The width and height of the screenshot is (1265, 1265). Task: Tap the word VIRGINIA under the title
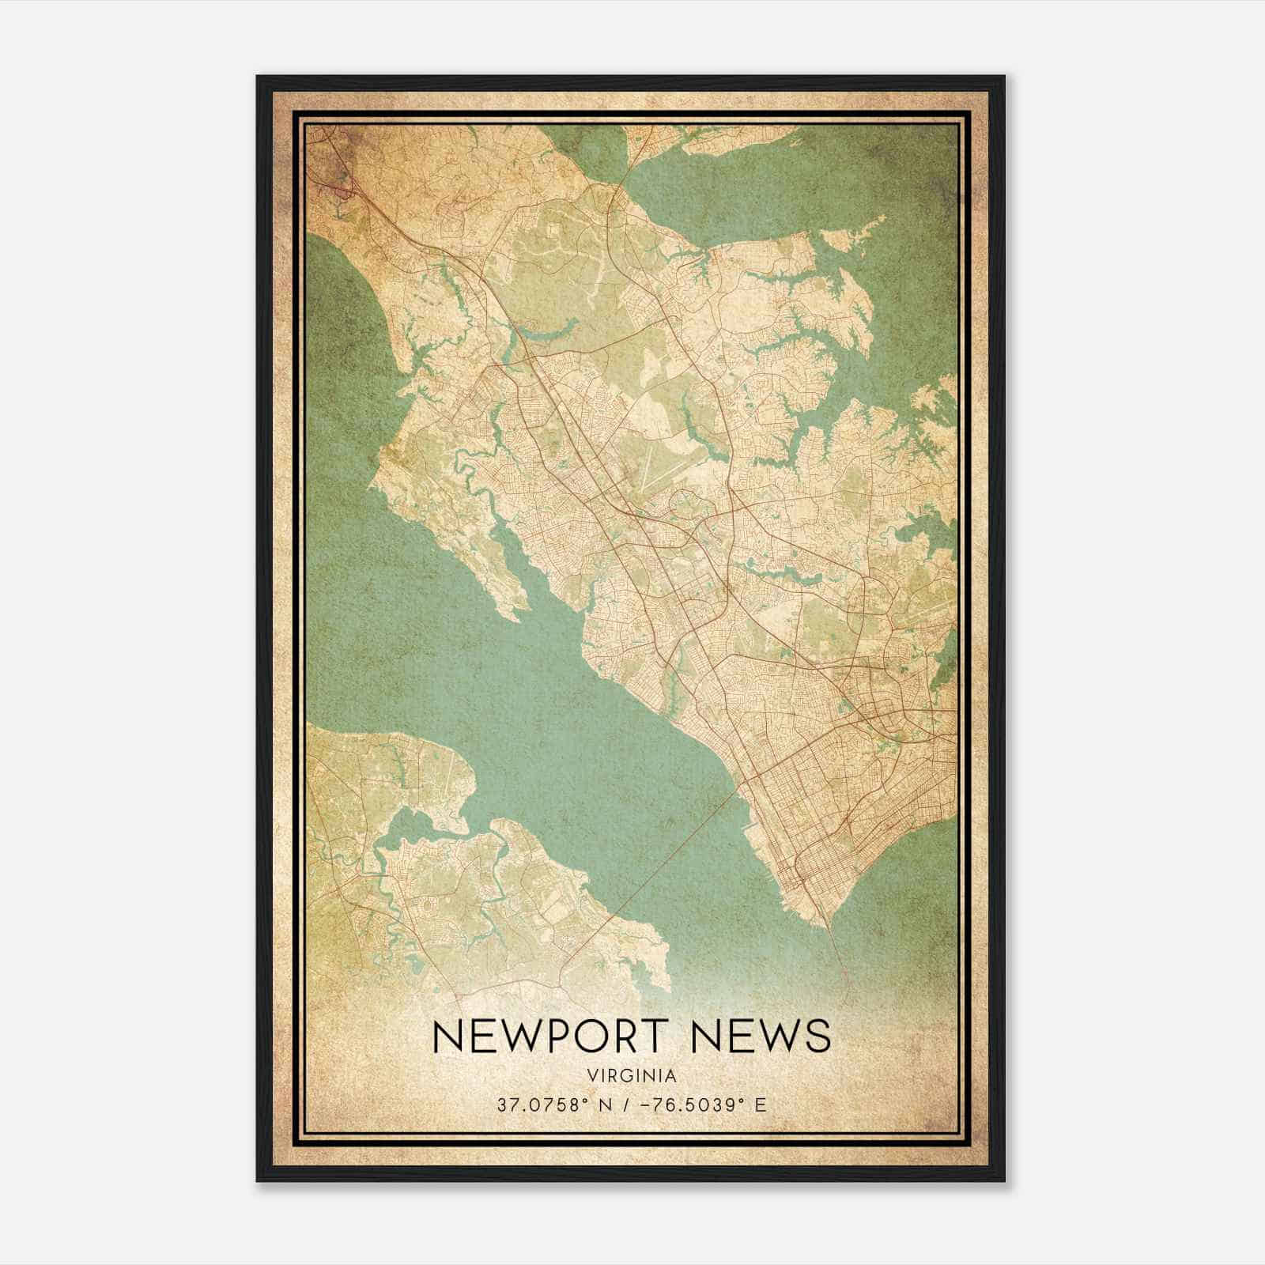tap(632, 1075)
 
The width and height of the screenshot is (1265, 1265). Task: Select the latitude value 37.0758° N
tap(545, 1105)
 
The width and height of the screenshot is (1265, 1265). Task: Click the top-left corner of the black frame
tap(259, 77)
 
